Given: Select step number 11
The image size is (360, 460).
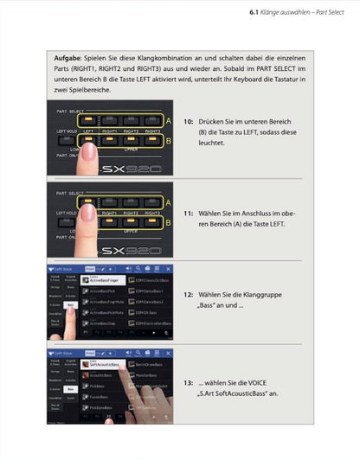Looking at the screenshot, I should point(189,211).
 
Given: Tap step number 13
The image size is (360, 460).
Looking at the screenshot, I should point(189,381).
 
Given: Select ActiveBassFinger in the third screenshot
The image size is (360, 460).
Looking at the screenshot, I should point(102,280).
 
